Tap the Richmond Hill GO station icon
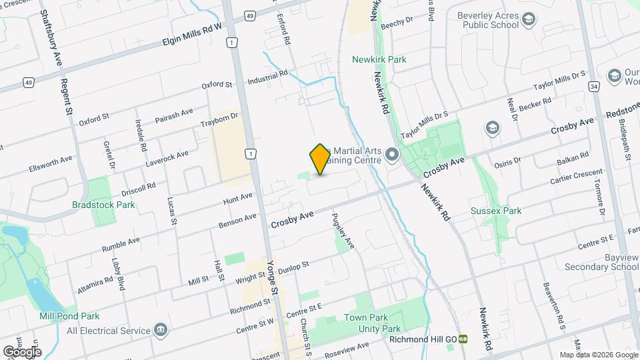point(463,339)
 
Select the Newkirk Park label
point(379,59)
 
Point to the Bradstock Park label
point(103,206)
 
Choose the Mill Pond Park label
point(69,316)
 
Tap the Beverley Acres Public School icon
point(529,20)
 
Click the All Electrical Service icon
point(160,330)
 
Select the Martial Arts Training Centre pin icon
point(391,157)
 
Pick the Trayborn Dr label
point(219,120)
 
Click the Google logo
point(21,351)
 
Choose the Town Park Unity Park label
point(372,323)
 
